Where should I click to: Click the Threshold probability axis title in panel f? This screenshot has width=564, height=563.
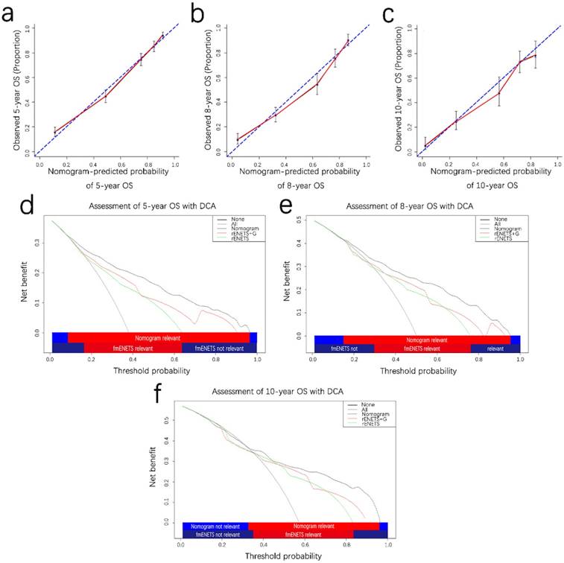pyautogui.click(x=284, y=556)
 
